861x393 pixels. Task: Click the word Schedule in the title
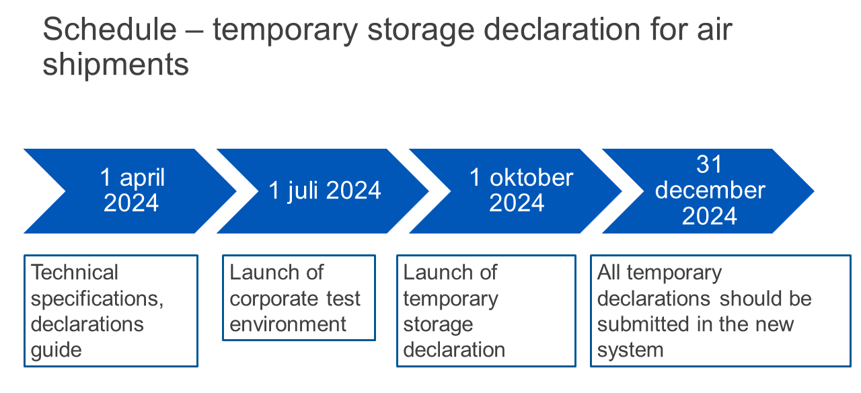(x=110, y=29)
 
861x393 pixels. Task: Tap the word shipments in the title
(x=116, y=65)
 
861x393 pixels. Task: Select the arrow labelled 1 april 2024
(x=130, y=190)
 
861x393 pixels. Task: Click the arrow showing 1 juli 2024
(x=323, y=190)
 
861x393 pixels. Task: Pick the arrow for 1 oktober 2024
(x=515, y=190)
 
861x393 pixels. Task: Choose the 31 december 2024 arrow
(x=708, y=190)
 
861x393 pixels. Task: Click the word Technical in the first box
(x=74, y=273)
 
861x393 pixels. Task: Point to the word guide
(x=56, y=351)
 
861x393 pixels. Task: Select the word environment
(x=288, y=324)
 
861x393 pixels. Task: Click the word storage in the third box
(x=438, y=325)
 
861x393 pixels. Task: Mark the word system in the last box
(x=630, y=351)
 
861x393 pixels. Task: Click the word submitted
(x=643, y=324)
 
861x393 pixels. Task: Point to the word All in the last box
(x=609, y=273)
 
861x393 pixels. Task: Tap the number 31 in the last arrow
(x=709, y=164)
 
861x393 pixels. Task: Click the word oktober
(x=531, y=178)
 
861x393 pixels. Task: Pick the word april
(x=142, y=178)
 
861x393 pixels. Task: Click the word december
(x=710, y=190)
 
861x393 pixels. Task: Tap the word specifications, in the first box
(x=98, y=299)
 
